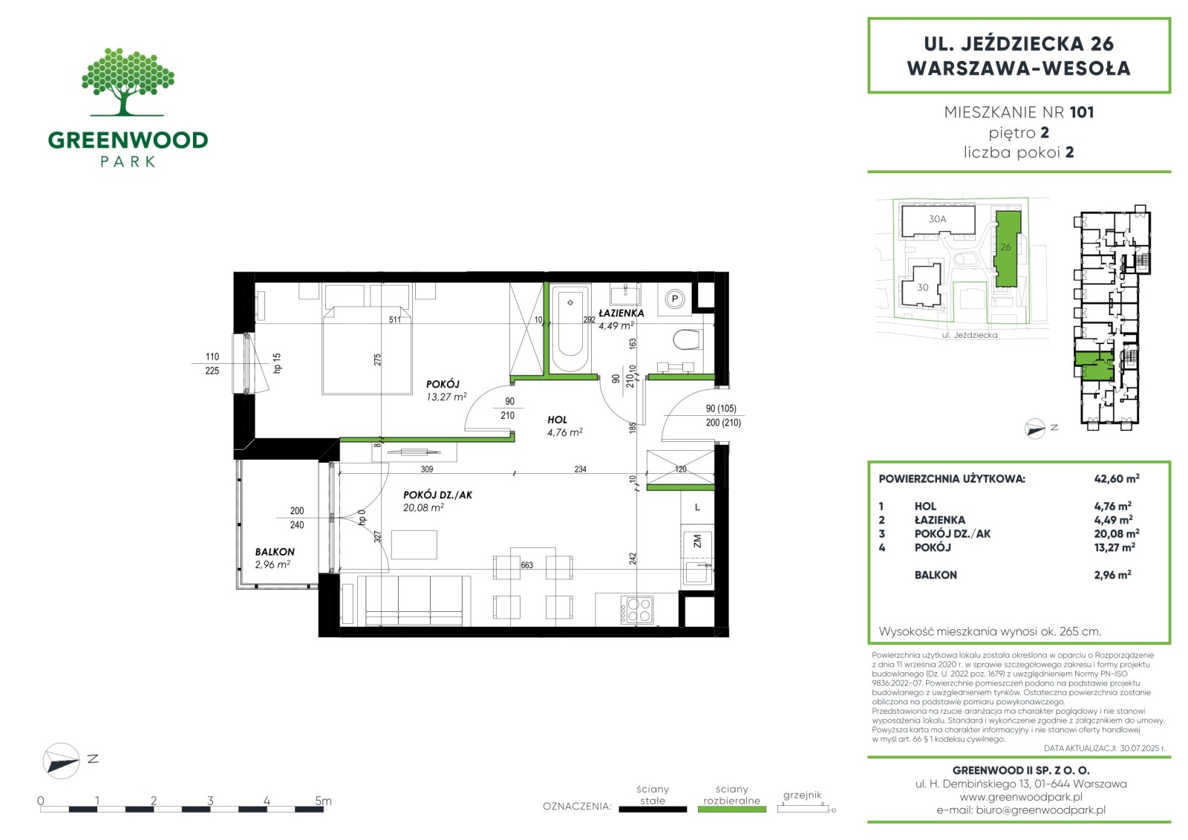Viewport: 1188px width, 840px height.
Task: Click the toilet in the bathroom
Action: (688, 339)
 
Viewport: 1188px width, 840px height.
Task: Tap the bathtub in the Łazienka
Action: (570, 328)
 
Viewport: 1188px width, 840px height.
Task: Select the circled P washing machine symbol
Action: (675, 299)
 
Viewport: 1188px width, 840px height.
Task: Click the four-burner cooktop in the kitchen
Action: (637, 610)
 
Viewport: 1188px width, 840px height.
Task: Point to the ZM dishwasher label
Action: (697, 541)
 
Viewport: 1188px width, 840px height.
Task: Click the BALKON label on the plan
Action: (275, 552)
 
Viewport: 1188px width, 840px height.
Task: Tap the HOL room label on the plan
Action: (558, 420)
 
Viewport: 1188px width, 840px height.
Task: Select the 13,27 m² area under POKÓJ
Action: (446, 397)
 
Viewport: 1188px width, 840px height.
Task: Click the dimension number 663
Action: (526, 565)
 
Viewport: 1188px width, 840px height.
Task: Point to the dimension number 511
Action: (395, 319)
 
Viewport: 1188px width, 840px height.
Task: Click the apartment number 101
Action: (1082, 112)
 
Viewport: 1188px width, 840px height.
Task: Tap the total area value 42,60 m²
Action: (1117, 478)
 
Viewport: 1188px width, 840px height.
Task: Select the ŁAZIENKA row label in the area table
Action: (940, 520)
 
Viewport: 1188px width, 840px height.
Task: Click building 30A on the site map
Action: (938, 219)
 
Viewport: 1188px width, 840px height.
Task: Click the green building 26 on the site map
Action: (1007, 249)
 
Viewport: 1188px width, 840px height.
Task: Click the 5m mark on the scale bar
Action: (324, 801)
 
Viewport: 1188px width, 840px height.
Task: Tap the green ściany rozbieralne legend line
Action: (732, 810)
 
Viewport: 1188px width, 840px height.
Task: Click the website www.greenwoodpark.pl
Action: (1021, 797)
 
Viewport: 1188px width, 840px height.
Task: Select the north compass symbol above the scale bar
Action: (62, 761)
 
